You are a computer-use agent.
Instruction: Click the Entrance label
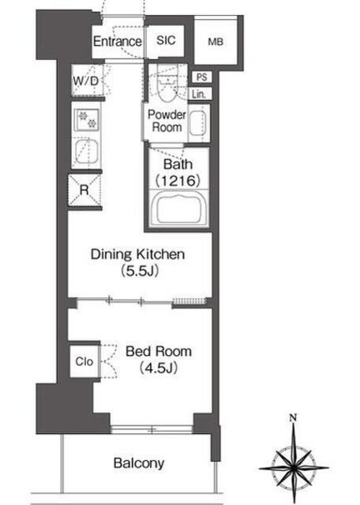click(118, 41)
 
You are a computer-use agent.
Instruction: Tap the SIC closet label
click(166, 40)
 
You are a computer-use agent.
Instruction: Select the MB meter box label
click(216, 42)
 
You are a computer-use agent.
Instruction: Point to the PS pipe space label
click(202, 77)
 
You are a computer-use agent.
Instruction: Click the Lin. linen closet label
click(199, 95)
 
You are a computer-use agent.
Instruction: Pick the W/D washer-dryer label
click(85, 80)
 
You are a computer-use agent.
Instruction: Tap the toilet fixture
click(167, 84)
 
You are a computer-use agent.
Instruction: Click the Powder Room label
click(167, 121)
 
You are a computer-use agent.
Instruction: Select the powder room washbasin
click(197, 123)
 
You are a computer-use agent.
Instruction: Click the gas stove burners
click(88, 119)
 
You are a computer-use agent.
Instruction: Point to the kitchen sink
click(86, 152)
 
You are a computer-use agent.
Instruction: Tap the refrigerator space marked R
click(84, 190)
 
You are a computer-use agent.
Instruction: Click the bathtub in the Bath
click(178, 208)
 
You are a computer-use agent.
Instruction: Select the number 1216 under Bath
click(178, 181)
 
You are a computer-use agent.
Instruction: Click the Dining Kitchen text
click(137, 254)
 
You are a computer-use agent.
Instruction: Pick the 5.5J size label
click(140, 271)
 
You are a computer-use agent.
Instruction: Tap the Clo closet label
click(84, 361)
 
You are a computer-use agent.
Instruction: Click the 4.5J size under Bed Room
click(159, 368)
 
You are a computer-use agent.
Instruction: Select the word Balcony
click(139, 463)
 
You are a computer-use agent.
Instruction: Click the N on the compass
click(293, 418)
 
